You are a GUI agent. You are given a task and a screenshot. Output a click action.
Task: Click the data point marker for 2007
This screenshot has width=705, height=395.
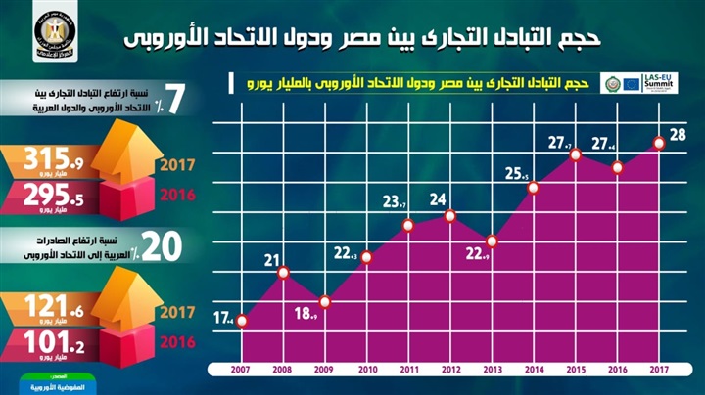[242, 319]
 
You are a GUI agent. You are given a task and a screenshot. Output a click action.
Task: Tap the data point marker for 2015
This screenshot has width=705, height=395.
[576, 154]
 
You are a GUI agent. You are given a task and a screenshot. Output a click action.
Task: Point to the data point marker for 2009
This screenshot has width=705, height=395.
[325, 300]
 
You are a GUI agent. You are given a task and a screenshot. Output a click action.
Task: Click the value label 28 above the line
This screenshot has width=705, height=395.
[676, 134]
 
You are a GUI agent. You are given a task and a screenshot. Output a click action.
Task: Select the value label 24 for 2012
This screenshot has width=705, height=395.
[439, 199]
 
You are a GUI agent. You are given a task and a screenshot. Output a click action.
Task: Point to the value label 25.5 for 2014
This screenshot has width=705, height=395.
[517, 175]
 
